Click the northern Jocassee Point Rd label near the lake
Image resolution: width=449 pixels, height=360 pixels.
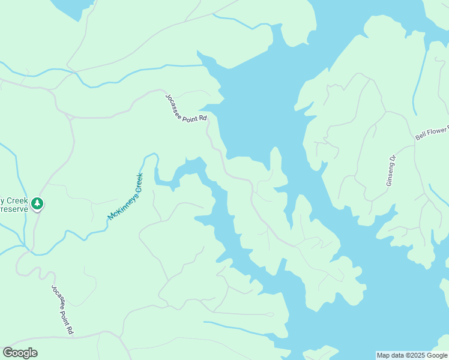point(186,107)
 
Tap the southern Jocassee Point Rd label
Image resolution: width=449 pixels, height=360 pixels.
point(62,310)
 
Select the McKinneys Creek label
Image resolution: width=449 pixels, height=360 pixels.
point(125,196)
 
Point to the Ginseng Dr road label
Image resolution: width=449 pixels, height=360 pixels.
point(391,170)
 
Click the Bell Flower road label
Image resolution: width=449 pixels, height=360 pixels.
point(432,133)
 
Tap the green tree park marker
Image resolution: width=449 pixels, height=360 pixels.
point(38,204)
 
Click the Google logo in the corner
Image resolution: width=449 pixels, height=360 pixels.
point(20,353)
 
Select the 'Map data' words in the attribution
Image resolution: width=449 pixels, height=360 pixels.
point(390,355)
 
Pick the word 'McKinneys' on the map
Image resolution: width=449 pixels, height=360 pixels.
point(120,205)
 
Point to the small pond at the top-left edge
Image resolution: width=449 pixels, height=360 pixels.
point(72,7)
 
